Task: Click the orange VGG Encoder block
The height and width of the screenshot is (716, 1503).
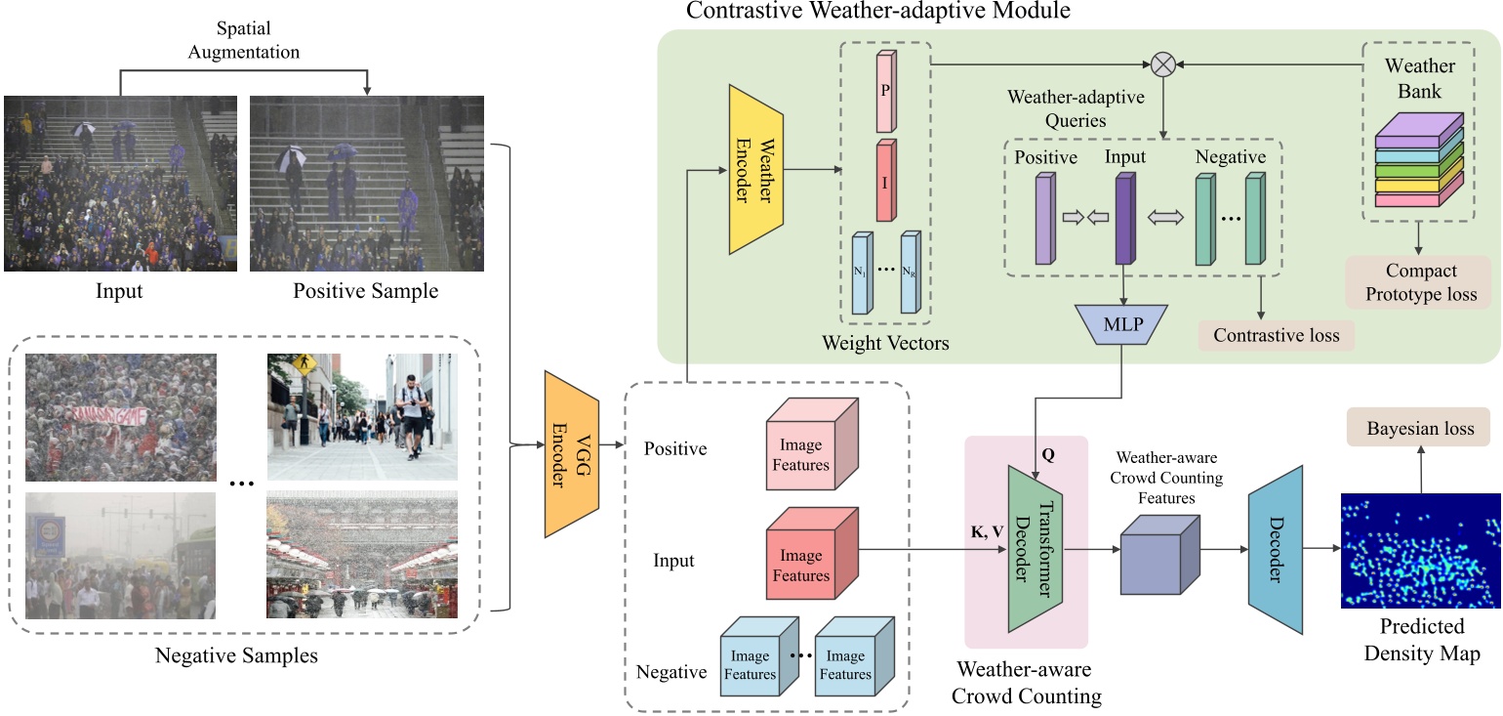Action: [571, 454]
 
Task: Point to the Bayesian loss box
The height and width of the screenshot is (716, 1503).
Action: [1420, 429]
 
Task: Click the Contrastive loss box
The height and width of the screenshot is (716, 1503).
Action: [1277, 335]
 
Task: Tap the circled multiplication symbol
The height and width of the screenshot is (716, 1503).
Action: [1162, 64]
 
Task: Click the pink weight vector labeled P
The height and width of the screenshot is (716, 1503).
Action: [885, 90]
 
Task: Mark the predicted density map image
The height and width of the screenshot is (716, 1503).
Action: [1420, 551]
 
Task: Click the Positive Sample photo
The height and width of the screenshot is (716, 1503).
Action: [366, 184]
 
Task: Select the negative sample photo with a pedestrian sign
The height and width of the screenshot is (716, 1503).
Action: [361, 417]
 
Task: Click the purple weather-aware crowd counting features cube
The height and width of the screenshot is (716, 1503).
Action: [1159, 552]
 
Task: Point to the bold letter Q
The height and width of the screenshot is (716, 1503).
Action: [1048, 455]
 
